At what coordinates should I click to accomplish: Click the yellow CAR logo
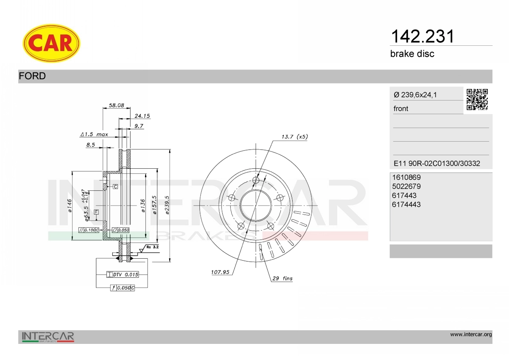tap(51, 43)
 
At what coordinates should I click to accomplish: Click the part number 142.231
tap(422, 36)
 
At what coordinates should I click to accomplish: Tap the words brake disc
tap(412, 54)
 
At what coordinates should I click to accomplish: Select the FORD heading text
tap(32, 76)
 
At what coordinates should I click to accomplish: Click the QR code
tap(477, 100)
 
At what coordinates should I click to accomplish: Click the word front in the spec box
tap(401, 109)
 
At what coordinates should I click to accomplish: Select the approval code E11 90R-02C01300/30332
tap(437, 163)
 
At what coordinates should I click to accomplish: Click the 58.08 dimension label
tap(116, 105)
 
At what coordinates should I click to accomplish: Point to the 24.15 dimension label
tap(142, 116)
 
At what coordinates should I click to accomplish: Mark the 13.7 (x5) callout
tap(294, 137)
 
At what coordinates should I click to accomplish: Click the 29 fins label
tap(282, 279)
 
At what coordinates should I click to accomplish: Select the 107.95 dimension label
tap(220, 272)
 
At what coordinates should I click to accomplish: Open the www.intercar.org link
tap(471, 335)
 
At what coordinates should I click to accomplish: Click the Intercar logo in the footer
tap(48, 337)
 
